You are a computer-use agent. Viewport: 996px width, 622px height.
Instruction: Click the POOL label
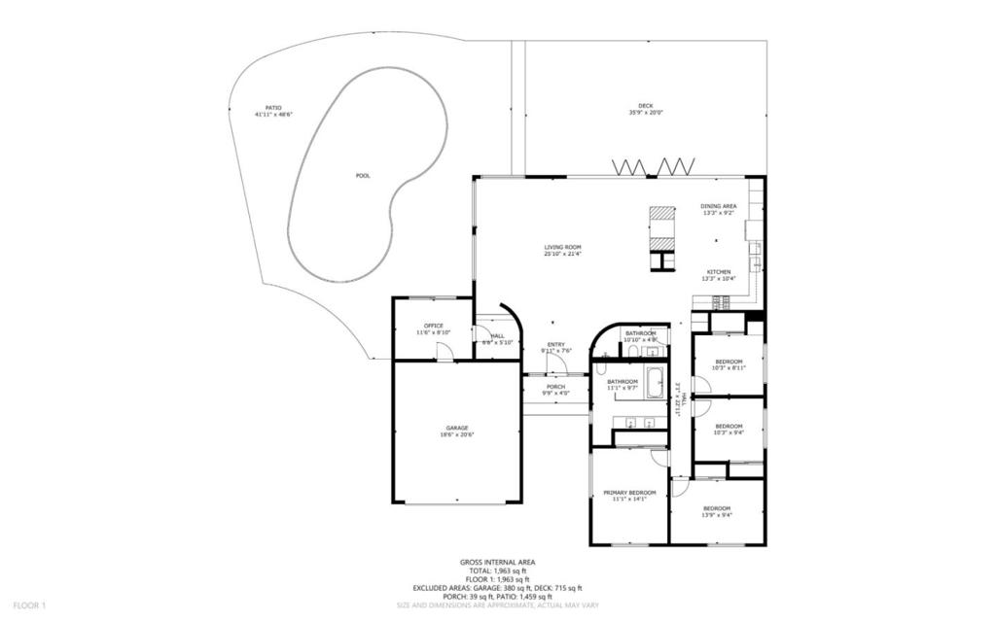363,176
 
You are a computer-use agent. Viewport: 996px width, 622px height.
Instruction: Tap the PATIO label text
273,108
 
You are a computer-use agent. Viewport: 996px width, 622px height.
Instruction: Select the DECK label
646,105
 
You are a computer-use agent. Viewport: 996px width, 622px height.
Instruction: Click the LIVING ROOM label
562,248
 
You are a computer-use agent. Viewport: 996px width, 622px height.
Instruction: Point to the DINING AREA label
718,206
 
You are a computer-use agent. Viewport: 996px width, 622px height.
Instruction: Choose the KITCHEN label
718,272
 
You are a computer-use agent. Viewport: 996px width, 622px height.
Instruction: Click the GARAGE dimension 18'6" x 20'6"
457,434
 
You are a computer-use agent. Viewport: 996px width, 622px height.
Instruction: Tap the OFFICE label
433,326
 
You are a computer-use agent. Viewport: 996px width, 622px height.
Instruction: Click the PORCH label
555,387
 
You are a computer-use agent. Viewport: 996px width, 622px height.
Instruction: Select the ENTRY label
555,344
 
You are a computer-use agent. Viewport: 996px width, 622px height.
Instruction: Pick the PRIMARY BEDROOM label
629,493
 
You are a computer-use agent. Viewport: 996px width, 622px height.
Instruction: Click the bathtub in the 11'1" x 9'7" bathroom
657,385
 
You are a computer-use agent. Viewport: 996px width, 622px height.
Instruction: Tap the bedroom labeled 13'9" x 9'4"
717,509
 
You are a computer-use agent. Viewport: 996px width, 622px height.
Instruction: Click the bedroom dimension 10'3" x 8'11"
728,368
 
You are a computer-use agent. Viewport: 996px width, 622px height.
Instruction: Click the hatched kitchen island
662,227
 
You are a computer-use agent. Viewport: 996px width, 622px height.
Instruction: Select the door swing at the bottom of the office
444,352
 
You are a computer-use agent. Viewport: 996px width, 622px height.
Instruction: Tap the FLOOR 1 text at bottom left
30,605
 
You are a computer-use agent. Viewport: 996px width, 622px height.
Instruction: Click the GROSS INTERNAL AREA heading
498,562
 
